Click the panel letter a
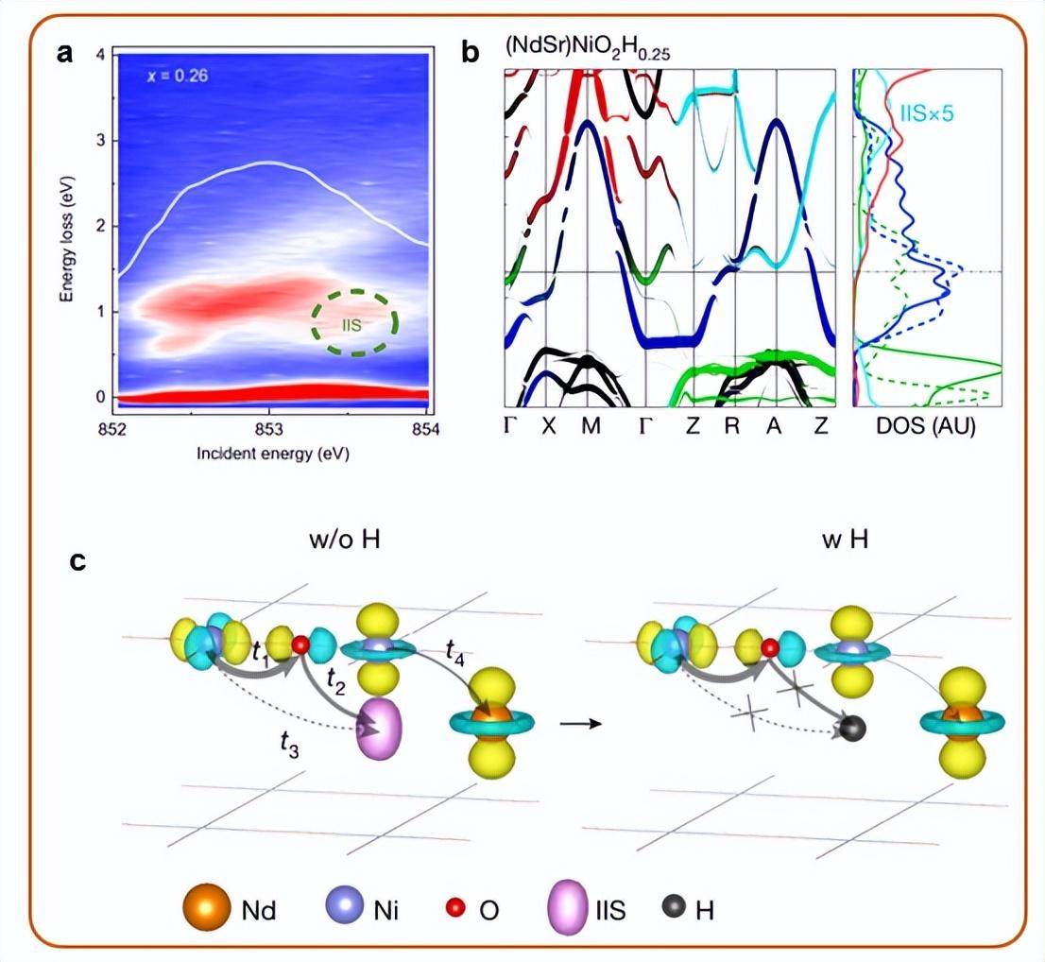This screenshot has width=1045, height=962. click(x=65, y=53)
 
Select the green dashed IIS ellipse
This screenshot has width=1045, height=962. click(x=354, y=321)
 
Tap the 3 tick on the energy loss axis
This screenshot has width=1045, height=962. click(x=99, y=141)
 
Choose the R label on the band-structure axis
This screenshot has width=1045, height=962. click(x=732, y=426)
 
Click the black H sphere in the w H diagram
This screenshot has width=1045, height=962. click(x=853, y=729)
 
